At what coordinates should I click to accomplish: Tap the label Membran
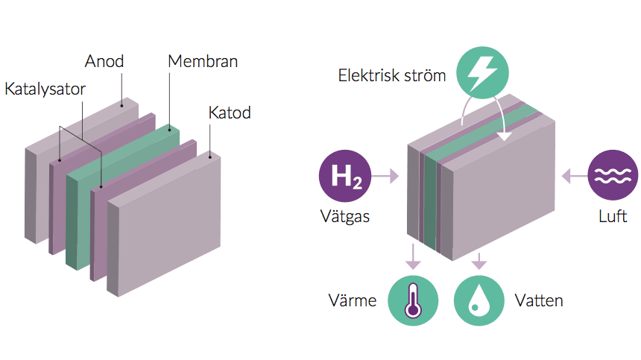click(x=203, y=61)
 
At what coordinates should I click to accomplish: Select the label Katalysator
click(x=45, y=89)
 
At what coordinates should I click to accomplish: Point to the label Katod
click(x=230, y=113)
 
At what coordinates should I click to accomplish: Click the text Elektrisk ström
click(x=392, y=75)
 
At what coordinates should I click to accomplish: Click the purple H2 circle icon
click(x=345, y=177)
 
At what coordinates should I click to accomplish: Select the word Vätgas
click(x=344, y=216)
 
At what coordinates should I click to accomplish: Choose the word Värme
click(x=353, y=301)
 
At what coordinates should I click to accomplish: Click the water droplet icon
click(x=479, y=301)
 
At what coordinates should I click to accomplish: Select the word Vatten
click(x=539, y=301)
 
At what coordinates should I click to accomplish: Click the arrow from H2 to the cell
click(x=386, y=177)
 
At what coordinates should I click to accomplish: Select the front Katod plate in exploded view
click(x=168, y=224)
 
